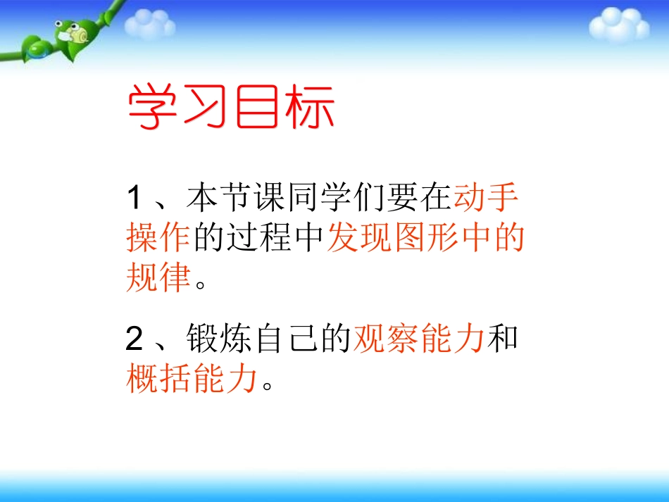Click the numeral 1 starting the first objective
135,198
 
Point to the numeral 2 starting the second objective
135,340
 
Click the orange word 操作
158,239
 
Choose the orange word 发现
359,239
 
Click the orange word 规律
158,280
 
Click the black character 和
503,340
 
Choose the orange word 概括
158,381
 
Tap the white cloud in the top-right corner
618,25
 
